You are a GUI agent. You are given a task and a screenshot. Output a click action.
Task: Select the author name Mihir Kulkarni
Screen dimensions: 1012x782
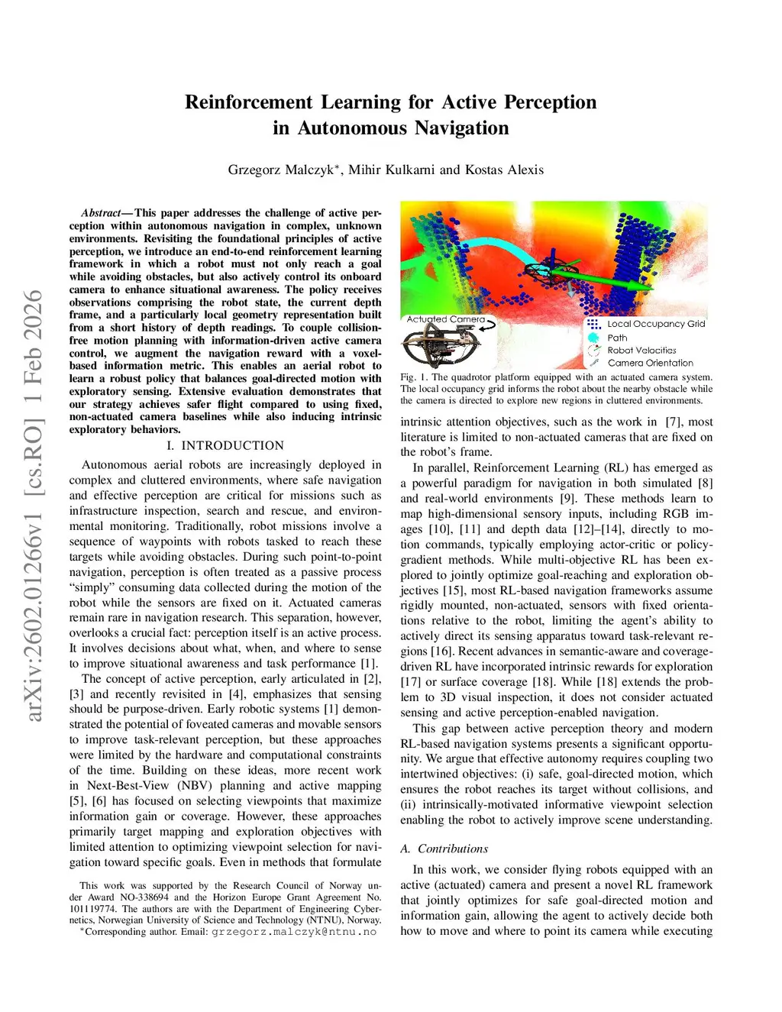(x=392, y=170)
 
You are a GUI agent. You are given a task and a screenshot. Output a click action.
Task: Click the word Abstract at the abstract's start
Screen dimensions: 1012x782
(x=101, y=213)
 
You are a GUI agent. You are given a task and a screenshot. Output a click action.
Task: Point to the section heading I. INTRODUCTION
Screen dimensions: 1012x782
(x=225, y=445)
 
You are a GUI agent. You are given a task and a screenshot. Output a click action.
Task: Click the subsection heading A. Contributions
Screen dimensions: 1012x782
(x=444, y=849)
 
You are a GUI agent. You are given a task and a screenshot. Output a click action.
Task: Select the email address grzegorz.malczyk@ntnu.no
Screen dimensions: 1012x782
(x=294, y=932)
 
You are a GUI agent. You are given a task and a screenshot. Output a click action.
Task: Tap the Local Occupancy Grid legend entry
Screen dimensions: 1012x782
(x=656, y=324)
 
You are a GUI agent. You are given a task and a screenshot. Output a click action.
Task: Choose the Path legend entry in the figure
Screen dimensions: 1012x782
(x=617, y=338)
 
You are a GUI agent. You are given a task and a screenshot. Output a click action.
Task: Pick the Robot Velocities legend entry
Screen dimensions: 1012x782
(x=641, y=351)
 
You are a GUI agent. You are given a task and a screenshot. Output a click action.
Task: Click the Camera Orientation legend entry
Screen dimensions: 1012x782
(x=650, y=364)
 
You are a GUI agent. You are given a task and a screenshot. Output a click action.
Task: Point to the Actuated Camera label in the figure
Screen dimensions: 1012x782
(x=446, y=319)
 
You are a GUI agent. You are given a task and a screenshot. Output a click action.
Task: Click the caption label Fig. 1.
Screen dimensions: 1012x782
(x=413, y=377)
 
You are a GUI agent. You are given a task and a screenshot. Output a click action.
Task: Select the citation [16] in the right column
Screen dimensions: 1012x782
(x=441, y=651)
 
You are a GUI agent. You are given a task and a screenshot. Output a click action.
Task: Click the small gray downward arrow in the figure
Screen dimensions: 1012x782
(x=568, y=290)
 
